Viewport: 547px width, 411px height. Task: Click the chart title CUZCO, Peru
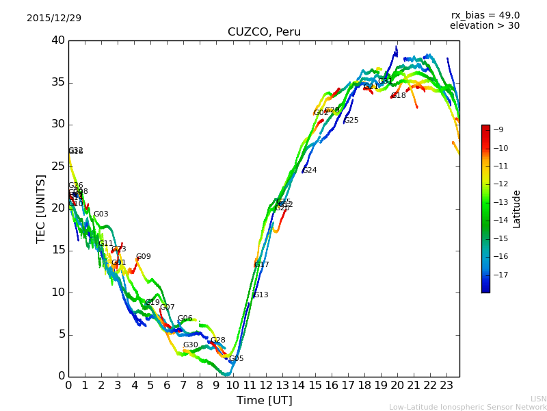264,32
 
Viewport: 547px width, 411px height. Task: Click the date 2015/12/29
54,18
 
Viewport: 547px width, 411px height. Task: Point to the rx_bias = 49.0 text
485,15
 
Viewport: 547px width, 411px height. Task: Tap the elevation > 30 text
484,26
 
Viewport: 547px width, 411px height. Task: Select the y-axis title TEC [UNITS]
41,208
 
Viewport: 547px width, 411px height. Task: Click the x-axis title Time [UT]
264,400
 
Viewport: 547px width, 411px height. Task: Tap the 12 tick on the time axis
265,385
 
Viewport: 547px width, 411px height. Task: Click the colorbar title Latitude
517,208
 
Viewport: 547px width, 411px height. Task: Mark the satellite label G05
236,359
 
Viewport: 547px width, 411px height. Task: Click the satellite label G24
310,171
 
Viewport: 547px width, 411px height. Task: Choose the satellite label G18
399,96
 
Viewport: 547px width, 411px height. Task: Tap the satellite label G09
144,257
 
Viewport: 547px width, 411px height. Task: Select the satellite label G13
261,295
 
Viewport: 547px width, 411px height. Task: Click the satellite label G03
101,214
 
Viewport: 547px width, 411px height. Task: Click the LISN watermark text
539,399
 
